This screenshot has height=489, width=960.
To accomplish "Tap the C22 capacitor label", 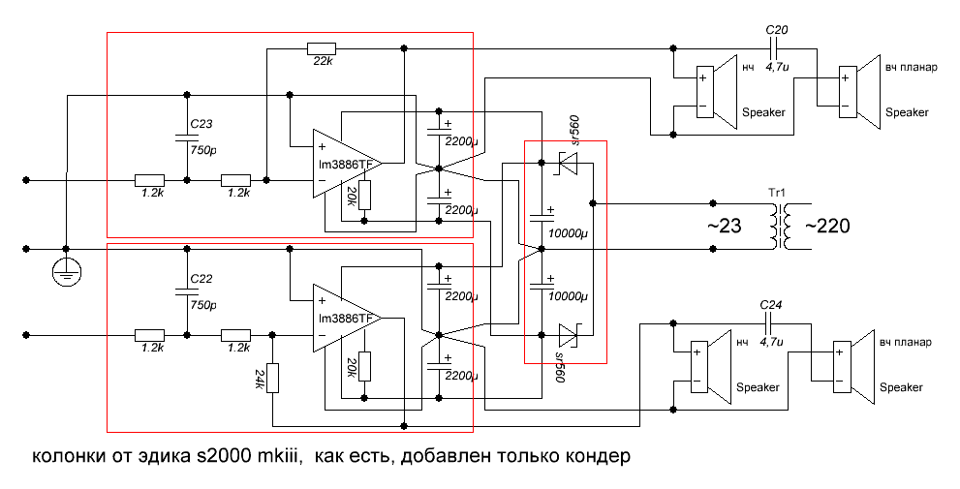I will pyautogui.click(x=201, y=280).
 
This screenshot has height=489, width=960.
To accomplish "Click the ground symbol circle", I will pyautogui.click(x=65, y=273).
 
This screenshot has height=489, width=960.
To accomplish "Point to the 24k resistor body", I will pyautogui.click(x=273, y=378).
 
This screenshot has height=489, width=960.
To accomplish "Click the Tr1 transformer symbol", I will pyautogui.click(x=778, y=228).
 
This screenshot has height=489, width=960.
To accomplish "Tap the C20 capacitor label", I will pyautogui.click(x=776, y=31).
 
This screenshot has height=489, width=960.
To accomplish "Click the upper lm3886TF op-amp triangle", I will pyautogui.click(x=345, y=163).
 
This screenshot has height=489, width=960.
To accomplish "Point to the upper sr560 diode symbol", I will pyautogui.click(x=568, y=166).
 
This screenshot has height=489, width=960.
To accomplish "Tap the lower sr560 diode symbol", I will pyautogui.click(x=568, y=336).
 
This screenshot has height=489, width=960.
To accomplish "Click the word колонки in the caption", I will pyautogui.click(x=68, y=455).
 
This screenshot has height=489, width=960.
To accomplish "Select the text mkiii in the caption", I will pyautogui.click(x=280, y=455).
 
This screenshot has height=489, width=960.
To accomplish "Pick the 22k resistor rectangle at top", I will pyautogui.click(x=321, y=48).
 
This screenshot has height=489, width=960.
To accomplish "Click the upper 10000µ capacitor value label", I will pyautogui.click(x=566, y=232).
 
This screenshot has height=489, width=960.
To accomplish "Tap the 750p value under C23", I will pyautogui.click(x=204, y=151).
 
